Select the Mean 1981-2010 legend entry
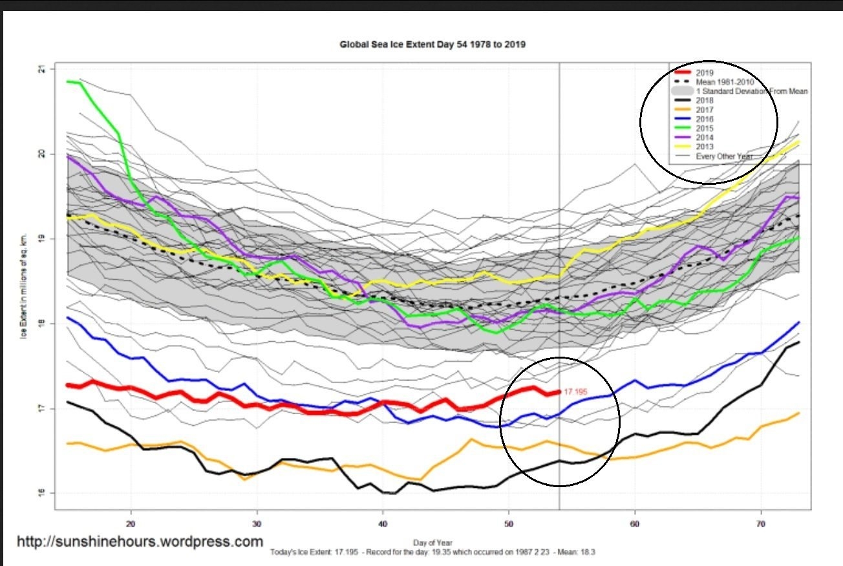pos(725,82)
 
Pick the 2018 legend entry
pos(705,101)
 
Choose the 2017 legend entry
pos(705,110)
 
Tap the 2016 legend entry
pos(705,119)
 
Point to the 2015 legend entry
pos(705,129)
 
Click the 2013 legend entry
pos(705,147)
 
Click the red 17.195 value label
pos(576,392)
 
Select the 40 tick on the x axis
pos(383,521)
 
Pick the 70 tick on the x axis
pos(761,521)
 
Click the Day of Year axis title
pos(432,543)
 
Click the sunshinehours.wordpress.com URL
pos(140,541)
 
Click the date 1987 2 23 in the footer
pos(515,553)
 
